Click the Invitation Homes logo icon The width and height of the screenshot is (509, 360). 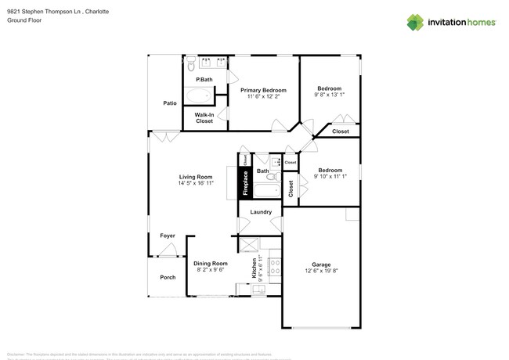(415, 22)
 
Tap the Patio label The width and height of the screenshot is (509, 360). (169, 103)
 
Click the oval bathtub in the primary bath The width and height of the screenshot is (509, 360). (200, 96)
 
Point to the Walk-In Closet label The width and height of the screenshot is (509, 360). (204, 117)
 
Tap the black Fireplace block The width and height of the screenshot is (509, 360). (244, 184)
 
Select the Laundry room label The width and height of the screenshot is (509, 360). (260, 212)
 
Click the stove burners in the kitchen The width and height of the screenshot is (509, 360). (274, 268)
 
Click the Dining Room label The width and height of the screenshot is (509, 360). (210, 263)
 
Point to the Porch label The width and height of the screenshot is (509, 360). (168, 277)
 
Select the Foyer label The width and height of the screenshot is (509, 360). (168, 236)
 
